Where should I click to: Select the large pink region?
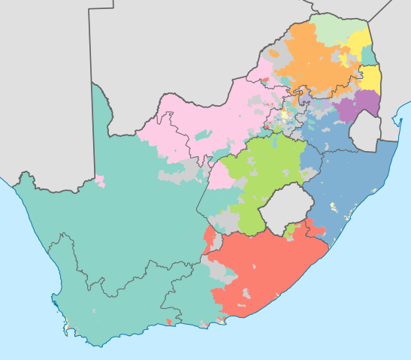click(210, 120)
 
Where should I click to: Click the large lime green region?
click(263, 173)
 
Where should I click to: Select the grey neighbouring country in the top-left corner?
click(45, 75)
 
